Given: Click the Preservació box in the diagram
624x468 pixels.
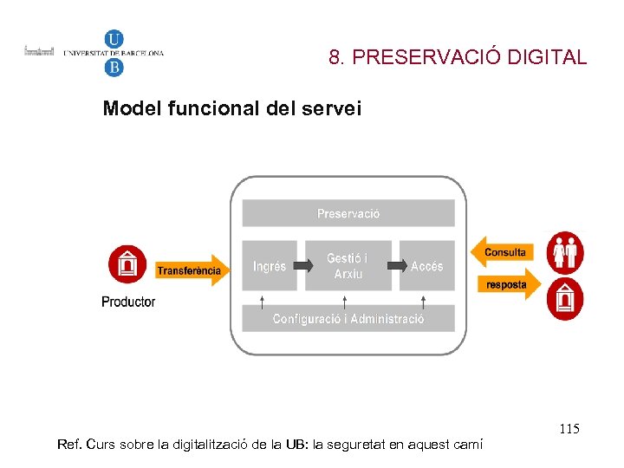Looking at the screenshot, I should pos(348,213).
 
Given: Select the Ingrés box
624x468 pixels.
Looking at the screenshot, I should pos(270,266).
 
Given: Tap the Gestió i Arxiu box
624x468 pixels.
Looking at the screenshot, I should pos(347,266).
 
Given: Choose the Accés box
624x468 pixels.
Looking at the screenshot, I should pos(427,266).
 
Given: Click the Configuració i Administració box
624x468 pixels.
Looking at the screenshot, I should pos(348,319).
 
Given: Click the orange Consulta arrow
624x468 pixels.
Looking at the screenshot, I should pos(503,252).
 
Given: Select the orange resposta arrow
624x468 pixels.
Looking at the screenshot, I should pos(508,284).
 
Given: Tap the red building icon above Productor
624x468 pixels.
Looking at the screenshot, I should pos(127,264).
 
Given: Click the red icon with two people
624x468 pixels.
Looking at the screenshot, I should pos(566,253).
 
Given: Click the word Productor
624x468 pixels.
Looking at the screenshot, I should pos(128,302).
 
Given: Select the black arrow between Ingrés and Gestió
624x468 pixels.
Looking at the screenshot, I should pos(301,266).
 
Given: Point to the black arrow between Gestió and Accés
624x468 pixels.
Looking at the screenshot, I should pos(397,266).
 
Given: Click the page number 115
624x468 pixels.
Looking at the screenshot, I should pos(569,429).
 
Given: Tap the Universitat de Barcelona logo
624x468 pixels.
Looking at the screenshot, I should pos(114,53).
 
